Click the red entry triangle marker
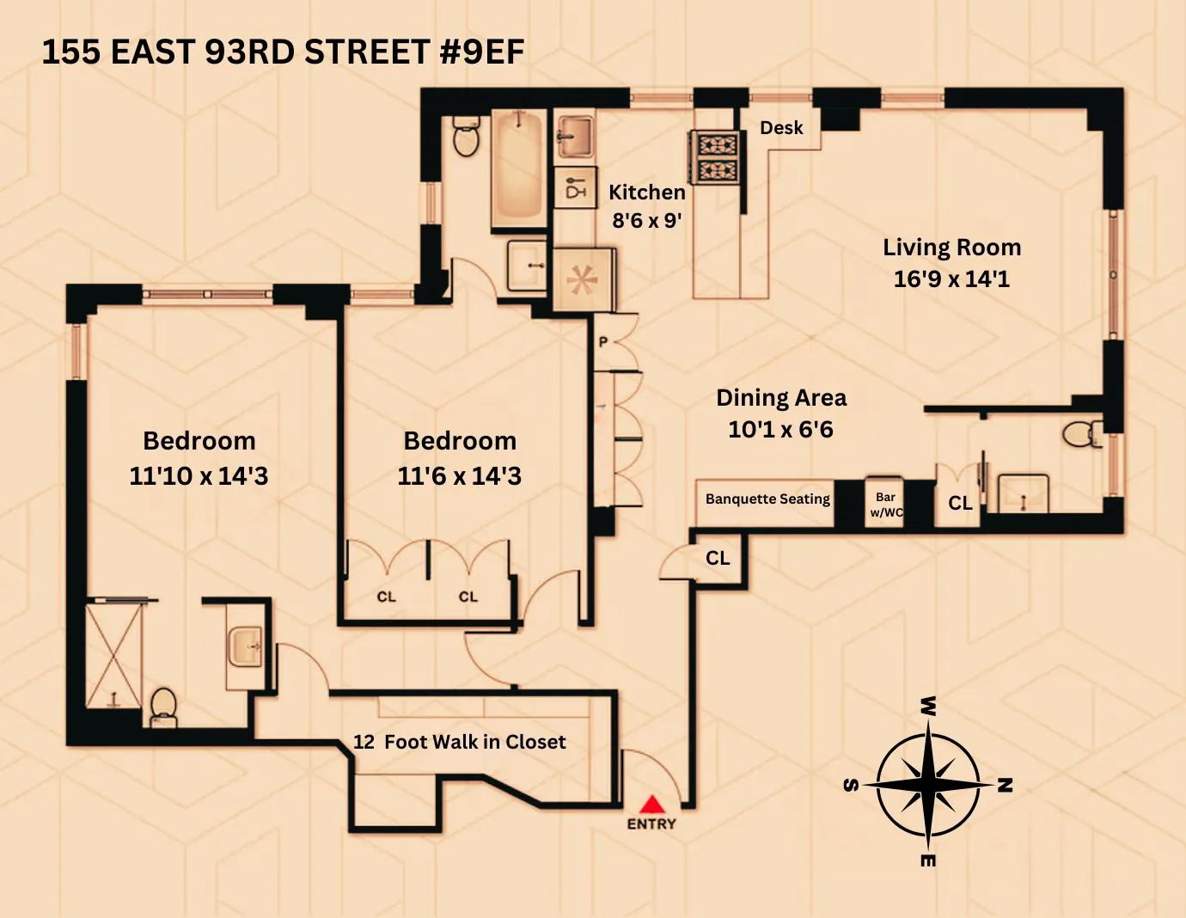652,805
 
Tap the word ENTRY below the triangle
651,824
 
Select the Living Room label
951,248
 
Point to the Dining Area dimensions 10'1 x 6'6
780,429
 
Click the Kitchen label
646,193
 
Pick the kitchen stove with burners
716,157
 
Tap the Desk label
781,128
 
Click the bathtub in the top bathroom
517,168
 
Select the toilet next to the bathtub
465,137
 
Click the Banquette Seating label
767,499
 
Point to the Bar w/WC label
886,505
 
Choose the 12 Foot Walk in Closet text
460,742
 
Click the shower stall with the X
114,656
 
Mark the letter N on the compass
1005,785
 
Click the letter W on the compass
928,707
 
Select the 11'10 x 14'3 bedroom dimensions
199,476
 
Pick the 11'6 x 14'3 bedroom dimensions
459,476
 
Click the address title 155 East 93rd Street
283,52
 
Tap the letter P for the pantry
603,342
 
